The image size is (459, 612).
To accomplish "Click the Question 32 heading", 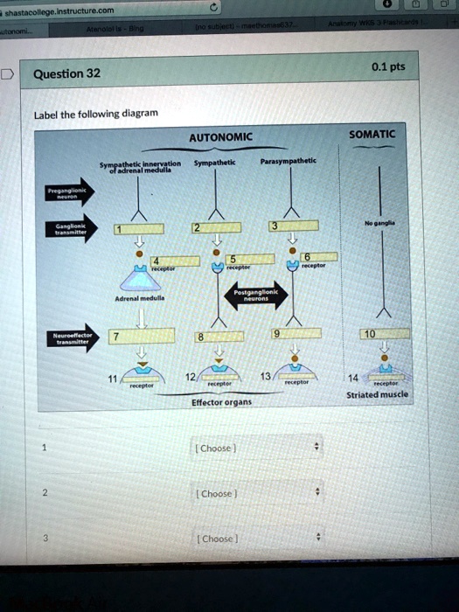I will (x=66, y=73).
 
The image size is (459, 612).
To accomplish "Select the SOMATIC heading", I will (x=372, y=134).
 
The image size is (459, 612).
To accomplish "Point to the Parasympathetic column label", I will (x=288, y=161).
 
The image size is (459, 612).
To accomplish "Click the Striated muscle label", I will (x=377, y=394).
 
